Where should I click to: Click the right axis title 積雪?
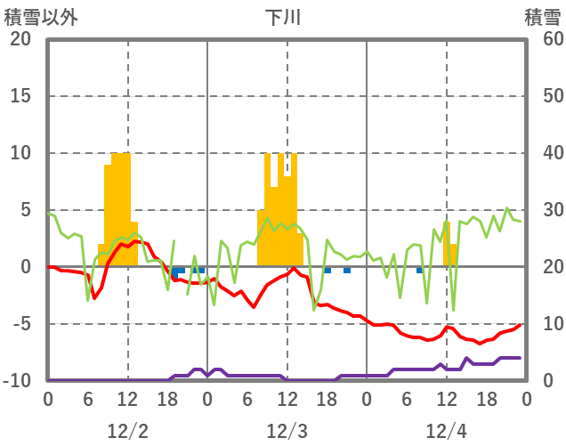pyautogui.click(x=542, y=17)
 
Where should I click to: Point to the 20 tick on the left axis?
pyautogui.click(x=20, y=39)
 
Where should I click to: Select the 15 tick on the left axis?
pyautogui.click(x=20, y=96)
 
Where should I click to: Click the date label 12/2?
pyautogui.click(x=127, y=431)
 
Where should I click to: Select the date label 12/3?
pyautogui.click(x=287, y=431)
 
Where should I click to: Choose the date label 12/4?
pyautogui.click(x=446, y=431)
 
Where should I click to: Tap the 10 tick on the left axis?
pyautogui.click(x=20, y=153)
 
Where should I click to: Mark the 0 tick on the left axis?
pyautogui.click(x=25, y=267)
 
